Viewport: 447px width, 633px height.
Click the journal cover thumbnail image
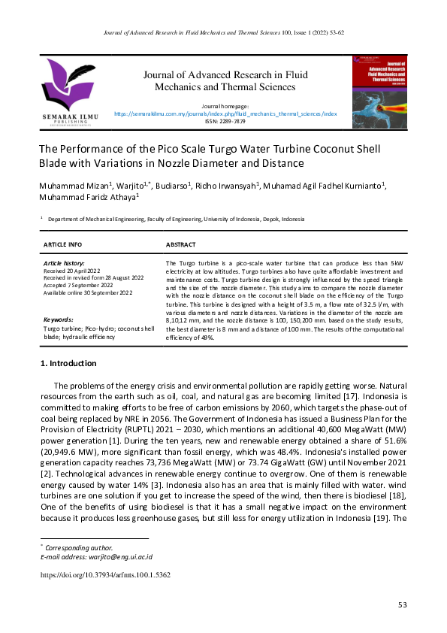tap(380, 92)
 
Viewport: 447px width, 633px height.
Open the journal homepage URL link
tap(225, 114)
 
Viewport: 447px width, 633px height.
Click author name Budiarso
tap(172, 185)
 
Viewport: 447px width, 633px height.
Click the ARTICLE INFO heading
tap(63, 245)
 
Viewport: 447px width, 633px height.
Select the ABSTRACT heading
tap(180, 245)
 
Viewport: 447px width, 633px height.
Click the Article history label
tap(64, 263)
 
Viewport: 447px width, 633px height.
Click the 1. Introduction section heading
tap(68, 364)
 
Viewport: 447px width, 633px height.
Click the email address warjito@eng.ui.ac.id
tap(96, 557)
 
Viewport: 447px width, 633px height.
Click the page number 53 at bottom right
tap(402, 605)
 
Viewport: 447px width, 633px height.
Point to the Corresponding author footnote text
tap(79, 548)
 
